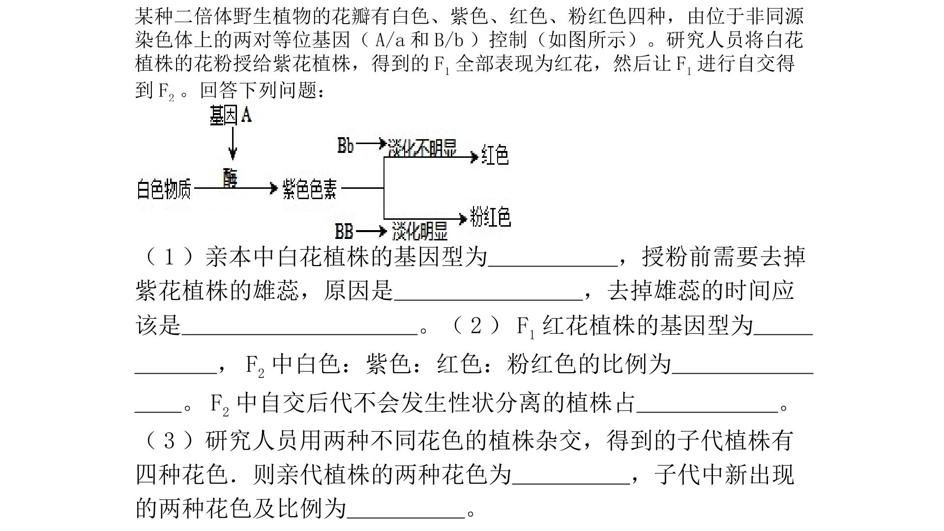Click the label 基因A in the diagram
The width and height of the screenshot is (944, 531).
(x=231, y=116)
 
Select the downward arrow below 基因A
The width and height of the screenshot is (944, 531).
(x=233, y=143)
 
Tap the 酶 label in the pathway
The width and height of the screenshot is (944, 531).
(x=230, y=178)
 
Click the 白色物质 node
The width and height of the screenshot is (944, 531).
(x=163, y=189)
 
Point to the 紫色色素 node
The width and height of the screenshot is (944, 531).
(x=310, y=189)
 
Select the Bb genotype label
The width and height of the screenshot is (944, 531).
(x=345, y=145)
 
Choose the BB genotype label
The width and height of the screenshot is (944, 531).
(x=344, y=231)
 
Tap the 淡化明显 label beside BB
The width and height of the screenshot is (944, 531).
(x=420, y=231)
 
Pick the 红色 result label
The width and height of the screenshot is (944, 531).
(x=495, y=155)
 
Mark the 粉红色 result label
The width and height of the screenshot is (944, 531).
(x=490, y=216)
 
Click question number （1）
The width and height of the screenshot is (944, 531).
(x=169, y=257)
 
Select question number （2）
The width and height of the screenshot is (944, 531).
(x=475, y=326)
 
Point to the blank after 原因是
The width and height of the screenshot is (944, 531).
(x=488, y=299)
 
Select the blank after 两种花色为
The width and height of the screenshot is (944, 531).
(x=571, y=483)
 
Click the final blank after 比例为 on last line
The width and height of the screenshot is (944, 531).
(x=406, y=516)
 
